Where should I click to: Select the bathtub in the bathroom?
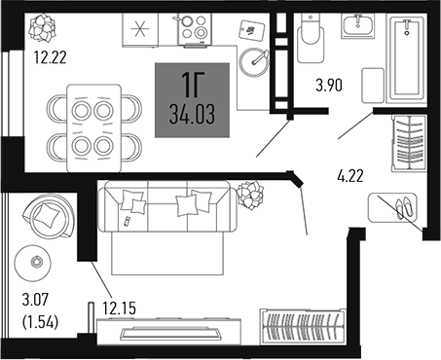click(x=404, y=56)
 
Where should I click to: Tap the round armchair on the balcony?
click(x=49, y=215)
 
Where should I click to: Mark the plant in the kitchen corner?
click(x=43, y=23)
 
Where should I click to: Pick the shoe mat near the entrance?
click(x=392, y=207)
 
